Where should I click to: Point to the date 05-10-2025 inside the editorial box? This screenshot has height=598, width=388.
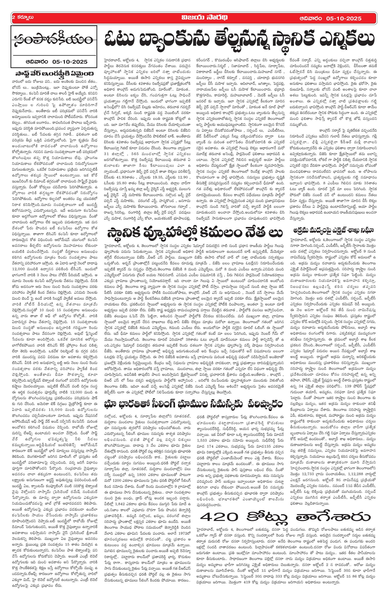pyautogui.click(x=70, y=61)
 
